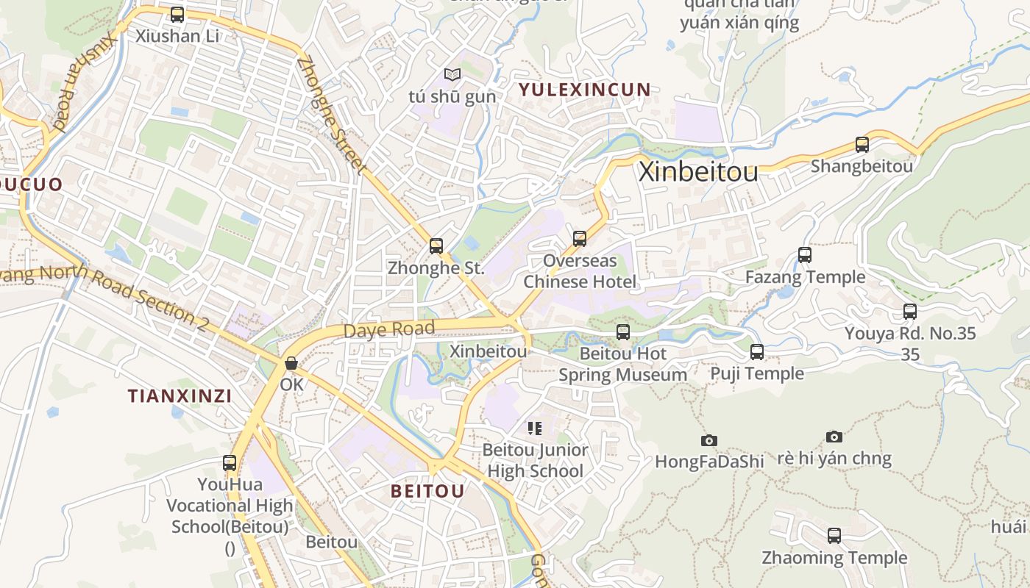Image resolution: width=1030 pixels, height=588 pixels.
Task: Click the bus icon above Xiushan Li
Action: click(x=177, y=15)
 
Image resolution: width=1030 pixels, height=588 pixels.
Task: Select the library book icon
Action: click(x=452, y=75)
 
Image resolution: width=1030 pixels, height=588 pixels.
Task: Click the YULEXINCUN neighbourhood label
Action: click(x=585, y=90)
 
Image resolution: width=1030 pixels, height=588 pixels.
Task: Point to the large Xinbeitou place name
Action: click(x=698, y=172)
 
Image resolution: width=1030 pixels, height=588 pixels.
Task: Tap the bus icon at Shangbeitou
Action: click(x=862, y=145)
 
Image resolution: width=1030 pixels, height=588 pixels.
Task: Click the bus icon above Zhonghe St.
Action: click(x=436, y=246)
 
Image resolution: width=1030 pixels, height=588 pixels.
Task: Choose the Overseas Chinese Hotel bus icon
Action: click(x=580, y=239)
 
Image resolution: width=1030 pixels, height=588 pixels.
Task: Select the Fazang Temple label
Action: click(x=805, y=277)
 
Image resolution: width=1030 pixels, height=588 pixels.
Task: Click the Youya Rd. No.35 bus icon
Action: click(x=910, y=312)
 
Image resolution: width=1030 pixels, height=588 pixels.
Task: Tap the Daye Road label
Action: click(x=389, y=329)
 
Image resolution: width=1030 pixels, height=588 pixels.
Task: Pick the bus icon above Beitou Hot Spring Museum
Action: click(x=623, y=332)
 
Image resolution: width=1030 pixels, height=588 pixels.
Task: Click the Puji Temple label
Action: click(x=757, y=373)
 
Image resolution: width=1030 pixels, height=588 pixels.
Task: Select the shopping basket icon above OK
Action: click(x=291, y=363)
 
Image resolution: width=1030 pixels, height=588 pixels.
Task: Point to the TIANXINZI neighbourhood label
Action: click(x=180, y=396)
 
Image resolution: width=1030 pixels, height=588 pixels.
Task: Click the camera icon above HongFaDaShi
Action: click(x=709, y=440)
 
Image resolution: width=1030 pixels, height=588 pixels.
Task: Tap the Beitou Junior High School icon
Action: click(x=535, y=428)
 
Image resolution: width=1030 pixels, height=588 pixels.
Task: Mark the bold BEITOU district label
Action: click(x=427, y=491)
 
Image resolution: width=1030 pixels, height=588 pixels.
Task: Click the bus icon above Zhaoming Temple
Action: click(x=834, y=536)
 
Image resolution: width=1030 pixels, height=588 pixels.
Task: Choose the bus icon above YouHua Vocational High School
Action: click(x=230, y=463)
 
